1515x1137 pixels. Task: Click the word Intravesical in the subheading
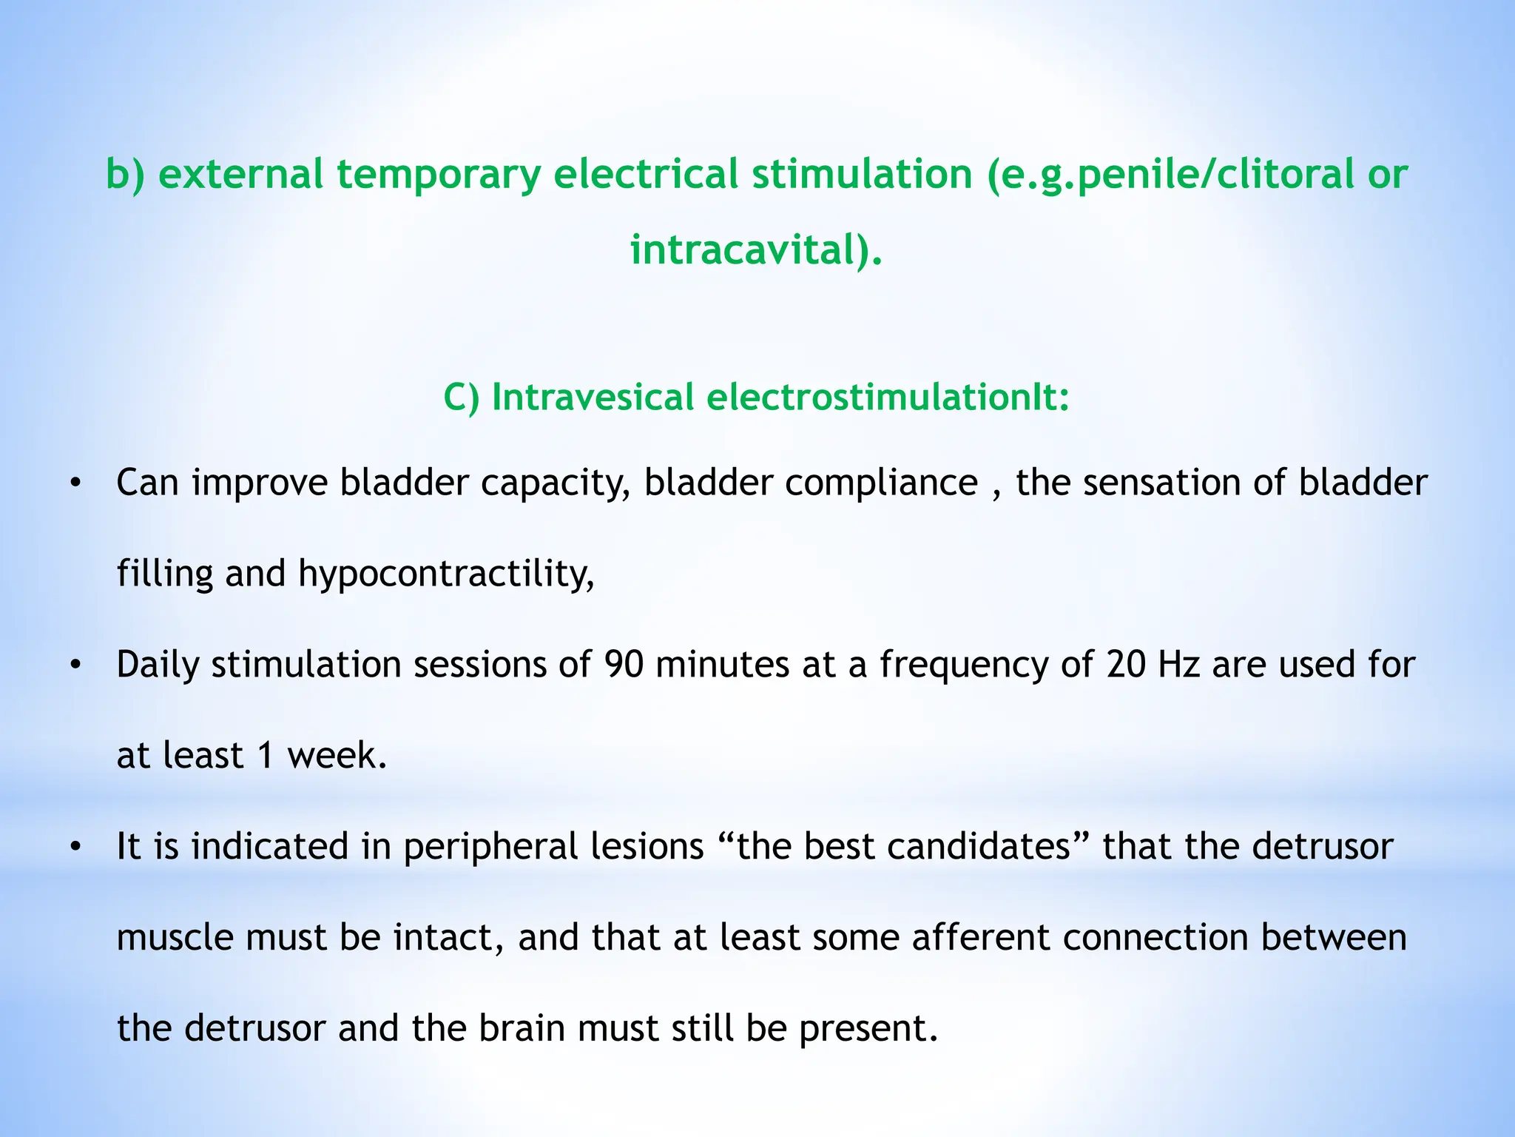point(593,397)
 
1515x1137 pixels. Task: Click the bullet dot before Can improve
point(74,484)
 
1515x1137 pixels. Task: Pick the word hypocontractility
point(445,574)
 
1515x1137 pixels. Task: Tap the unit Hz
point(1179,665)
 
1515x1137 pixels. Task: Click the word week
point(337,756)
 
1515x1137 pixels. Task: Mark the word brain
point(522,1029)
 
